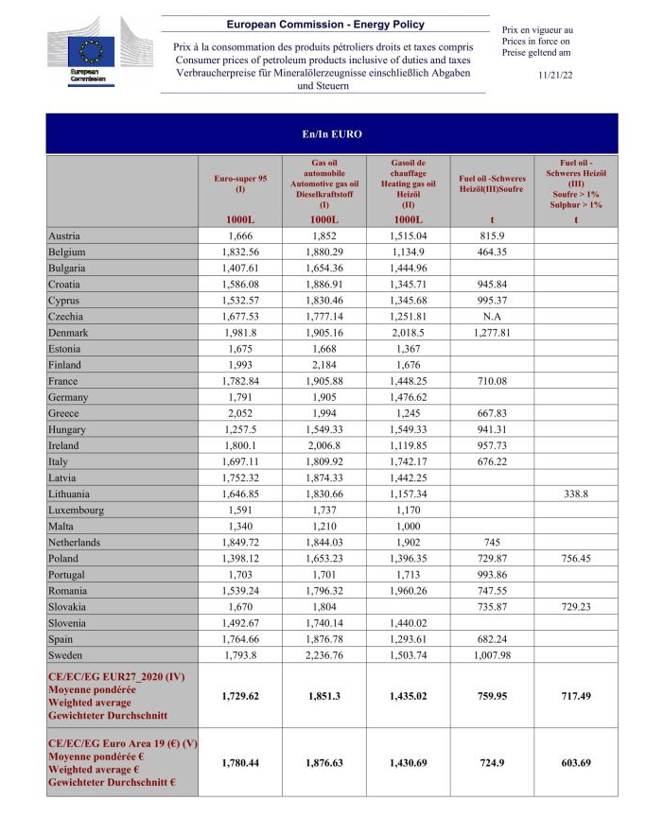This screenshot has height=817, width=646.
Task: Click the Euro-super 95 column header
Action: [x=242, y=183]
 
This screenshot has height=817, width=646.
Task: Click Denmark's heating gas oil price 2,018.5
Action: [x=408, y=333]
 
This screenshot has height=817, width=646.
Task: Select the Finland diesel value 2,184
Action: [x=324, y=365]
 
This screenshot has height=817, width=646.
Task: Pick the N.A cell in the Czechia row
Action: [x=492, y=317]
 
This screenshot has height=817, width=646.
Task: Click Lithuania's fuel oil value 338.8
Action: [x=575, y=494]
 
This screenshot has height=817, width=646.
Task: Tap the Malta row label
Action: [x=61, y=526]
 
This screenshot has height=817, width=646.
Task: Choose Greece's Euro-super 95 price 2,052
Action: [x=242, y=413]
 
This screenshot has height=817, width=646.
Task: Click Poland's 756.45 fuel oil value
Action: [x=575, y=558]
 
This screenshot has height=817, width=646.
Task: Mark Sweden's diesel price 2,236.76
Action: [x=324, y=655]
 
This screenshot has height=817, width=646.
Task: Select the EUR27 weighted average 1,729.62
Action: [x=242, y=696]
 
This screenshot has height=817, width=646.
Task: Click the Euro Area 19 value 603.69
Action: [x=575, y=762]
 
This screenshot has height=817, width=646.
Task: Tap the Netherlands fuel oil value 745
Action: [x=492, y=542]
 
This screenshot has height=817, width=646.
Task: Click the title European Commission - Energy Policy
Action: [x=325, y=25]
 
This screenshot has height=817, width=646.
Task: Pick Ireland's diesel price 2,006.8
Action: [x=324, y=445]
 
